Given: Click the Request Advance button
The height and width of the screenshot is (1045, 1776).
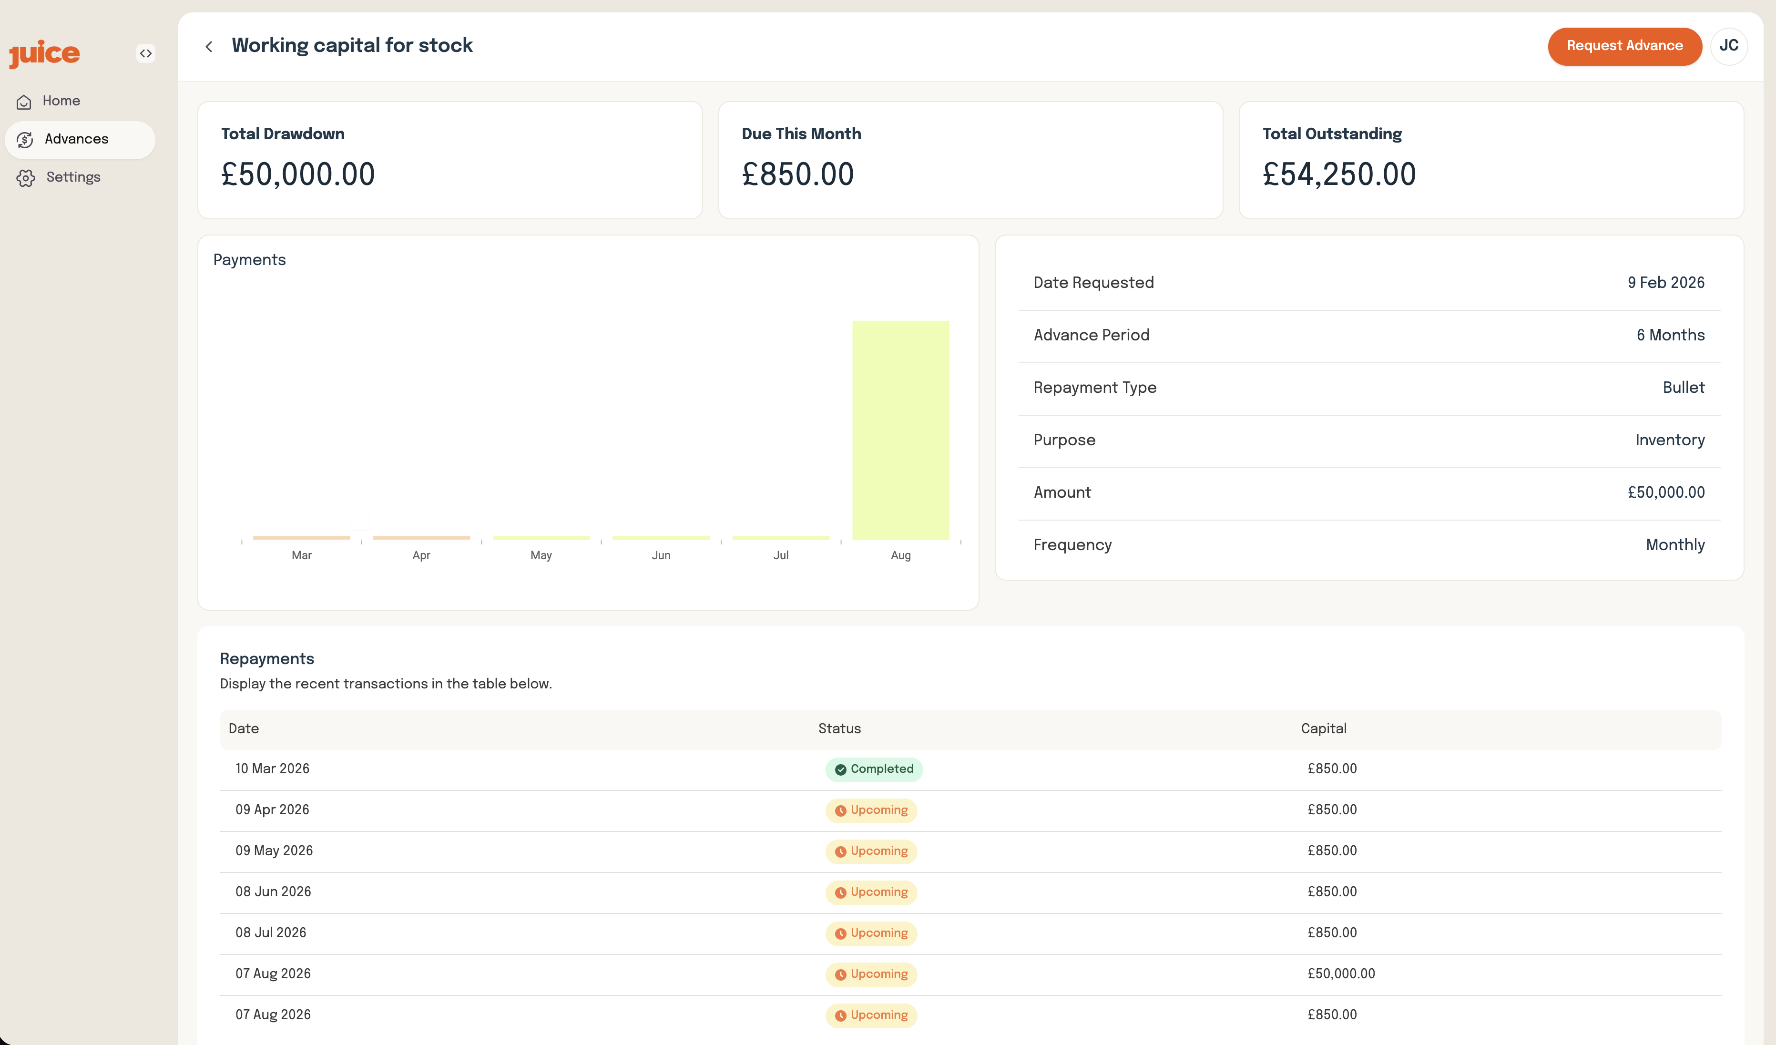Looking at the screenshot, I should coord(1624,46).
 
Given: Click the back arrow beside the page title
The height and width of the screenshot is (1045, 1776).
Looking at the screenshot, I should coord(209,47).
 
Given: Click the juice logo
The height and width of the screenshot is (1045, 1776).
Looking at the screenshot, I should coord(44,53).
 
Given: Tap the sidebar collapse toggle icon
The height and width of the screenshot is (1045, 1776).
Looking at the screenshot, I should coord(145,53).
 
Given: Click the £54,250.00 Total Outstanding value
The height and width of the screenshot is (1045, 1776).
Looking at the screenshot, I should coord(1338,174).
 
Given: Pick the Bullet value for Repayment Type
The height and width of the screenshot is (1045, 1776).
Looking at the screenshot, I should coord(1683,388).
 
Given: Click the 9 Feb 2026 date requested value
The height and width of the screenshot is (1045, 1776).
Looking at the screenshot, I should coord(1665,283).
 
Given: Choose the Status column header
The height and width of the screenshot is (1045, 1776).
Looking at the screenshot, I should coord(839,728).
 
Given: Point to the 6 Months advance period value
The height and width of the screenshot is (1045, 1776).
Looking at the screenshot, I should coord(1670,336).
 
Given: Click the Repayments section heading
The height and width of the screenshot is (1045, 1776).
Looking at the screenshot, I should coord(266,659).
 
